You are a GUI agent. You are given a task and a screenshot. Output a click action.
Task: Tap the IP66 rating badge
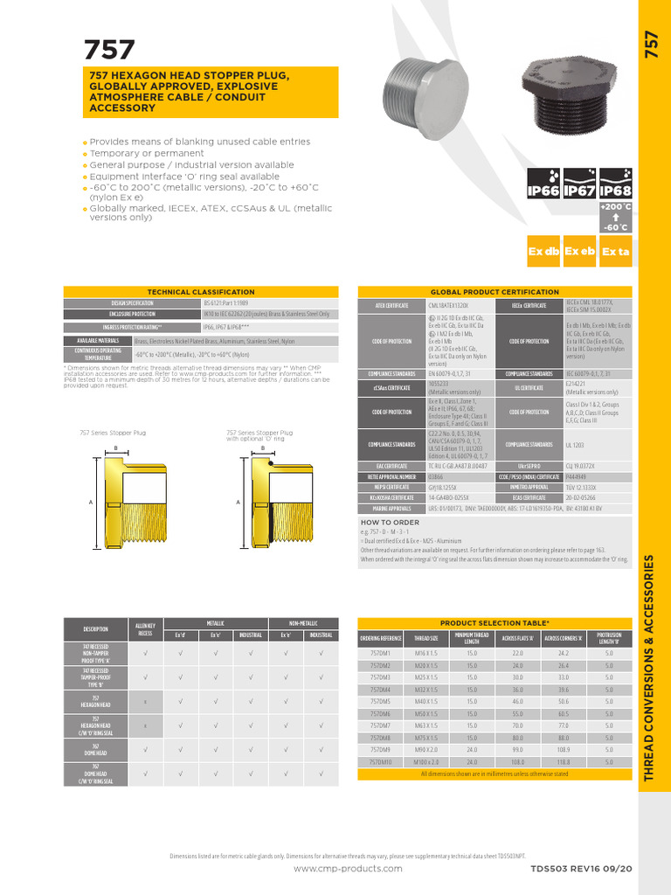(543, 191)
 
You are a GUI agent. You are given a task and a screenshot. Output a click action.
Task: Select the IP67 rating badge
(579, 191)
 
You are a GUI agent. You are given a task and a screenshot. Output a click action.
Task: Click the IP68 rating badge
(616, 191)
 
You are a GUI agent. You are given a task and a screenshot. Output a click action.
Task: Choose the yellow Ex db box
(543, 252)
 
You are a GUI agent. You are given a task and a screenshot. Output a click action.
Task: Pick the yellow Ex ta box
(616, 252)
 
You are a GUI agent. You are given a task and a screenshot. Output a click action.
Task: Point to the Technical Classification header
(198, 292)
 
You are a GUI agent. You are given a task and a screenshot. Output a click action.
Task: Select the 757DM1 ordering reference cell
(380, 653)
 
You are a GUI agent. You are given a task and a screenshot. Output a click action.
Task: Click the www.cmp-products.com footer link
(348, 869)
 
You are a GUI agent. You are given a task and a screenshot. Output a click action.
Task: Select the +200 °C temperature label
(615, 206)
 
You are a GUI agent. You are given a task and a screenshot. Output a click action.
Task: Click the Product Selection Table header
(494, 622)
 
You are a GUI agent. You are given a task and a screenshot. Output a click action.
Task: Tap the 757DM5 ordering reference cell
(380, 702)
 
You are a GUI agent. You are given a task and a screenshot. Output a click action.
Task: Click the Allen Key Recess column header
(145, 630)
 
